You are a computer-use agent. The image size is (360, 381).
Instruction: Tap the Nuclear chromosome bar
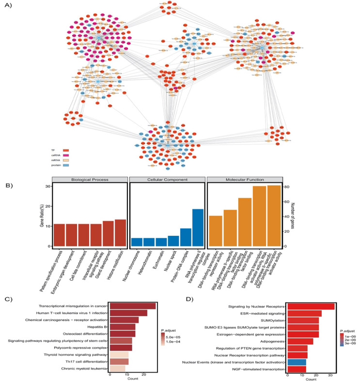click(137, 242)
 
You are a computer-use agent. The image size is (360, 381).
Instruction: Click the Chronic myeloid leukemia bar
click(117, 369)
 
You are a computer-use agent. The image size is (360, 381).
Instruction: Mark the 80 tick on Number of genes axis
click(286, 187)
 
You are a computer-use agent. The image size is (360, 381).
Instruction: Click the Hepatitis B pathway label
click(96, 327)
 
